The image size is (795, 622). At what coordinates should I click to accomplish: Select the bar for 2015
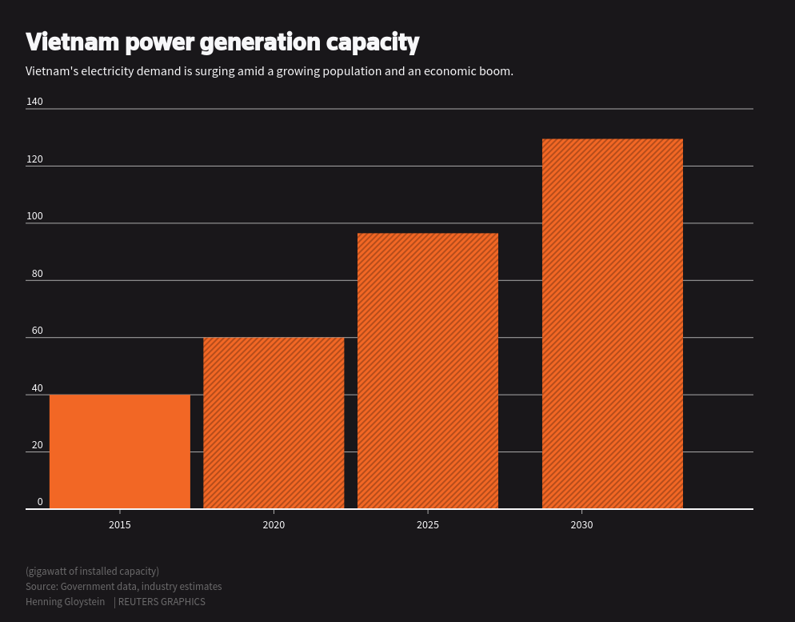coord(120,451)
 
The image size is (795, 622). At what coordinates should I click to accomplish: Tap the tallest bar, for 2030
coord(613,323)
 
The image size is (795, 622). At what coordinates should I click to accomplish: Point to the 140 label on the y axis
coord(34,102)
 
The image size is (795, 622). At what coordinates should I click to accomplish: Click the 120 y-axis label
coord(34,159)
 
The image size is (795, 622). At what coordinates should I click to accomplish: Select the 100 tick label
coord(34,216)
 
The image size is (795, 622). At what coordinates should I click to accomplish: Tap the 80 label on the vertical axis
coord(37,274)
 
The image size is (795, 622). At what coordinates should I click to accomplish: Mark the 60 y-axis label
coord(37,331)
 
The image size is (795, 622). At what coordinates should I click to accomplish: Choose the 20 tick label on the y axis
coord(37,445)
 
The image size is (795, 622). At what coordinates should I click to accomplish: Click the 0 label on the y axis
coord(40,502)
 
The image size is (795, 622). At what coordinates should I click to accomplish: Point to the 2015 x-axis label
coord(120,525)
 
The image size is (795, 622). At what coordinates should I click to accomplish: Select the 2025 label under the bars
coord(428,525)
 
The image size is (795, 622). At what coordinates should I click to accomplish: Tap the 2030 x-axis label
coord(581,525)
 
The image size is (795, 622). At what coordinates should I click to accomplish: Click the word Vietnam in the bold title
coord(75,42)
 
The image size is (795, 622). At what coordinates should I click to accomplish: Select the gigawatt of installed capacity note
coord(92,571)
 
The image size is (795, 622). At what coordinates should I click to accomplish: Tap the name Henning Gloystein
coord(65,602)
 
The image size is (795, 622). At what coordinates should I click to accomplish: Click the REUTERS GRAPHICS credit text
coord(162,602)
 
